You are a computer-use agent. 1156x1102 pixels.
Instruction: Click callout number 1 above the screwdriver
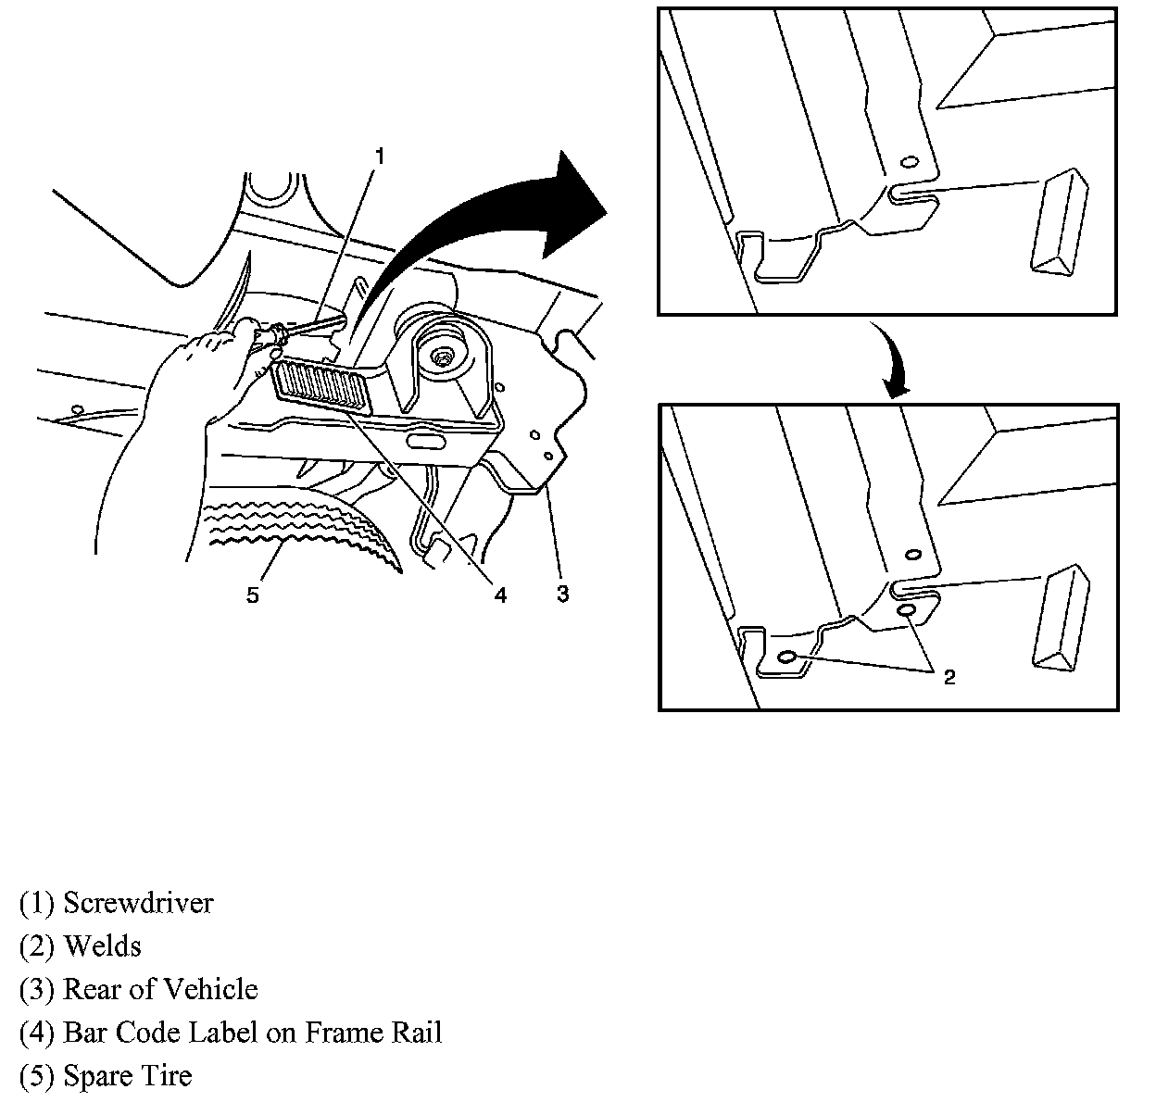click(x=379, y=156)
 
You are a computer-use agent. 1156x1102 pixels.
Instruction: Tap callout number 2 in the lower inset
click(x=949, y=678)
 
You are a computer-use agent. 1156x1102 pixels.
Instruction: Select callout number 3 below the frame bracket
click(x=562, y=594)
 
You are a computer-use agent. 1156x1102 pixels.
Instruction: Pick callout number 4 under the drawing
click(x=499, y=595)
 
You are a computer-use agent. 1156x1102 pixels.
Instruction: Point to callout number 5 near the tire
click(x=252, y=595)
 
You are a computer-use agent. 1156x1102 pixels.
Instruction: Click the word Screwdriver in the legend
click(x=138, y=903)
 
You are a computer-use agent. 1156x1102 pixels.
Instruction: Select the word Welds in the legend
click(x=102, y=946)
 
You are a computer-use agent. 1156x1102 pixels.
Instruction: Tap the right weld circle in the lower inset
click(x=908, y=612)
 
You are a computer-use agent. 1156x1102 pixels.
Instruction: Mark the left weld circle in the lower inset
click(x=788, y=657)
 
